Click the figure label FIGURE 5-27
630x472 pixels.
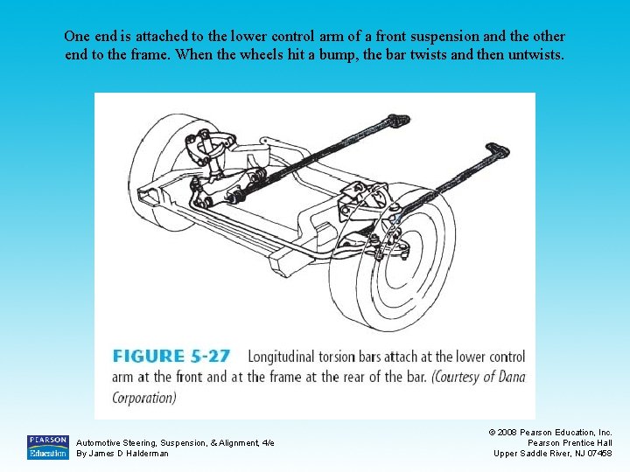[171, 357]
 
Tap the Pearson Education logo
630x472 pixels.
[47, 447]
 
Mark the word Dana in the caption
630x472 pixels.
[507, 377]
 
